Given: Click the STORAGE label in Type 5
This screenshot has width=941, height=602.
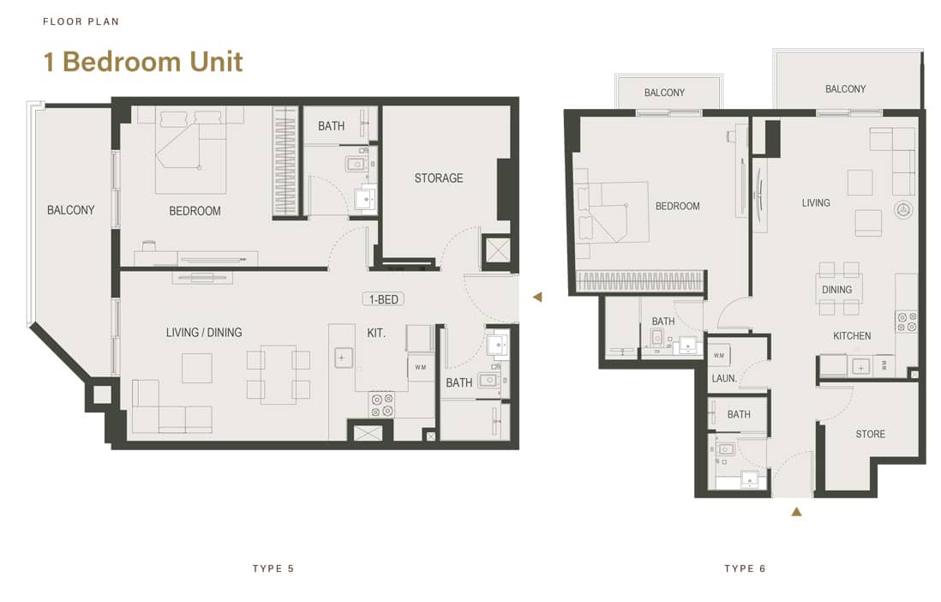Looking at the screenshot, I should pos(438,178).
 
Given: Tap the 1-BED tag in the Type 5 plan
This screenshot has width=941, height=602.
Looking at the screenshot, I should pos(382,299).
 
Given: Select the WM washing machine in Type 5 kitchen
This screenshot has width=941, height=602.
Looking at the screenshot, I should pos(420,367).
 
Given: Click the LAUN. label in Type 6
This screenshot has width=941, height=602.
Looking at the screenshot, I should pos(723,378).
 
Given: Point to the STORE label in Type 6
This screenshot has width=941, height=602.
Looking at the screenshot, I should pos(870,434).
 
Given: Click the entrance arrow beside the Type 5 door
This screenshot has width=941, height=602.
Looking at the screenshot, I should pos(537,298).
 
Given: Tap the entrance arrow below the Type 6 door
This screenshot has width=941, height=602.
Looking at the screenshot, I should pos(796,512).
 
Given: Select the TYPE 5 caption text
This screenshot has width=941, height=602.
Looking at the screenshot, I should pos(273,569).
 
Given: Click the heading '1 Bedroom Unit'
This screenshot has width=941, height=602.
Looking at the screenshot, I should pos(143,62).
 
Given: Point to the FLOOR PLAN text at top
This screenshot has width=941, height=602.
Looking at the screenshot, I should pos(81,21).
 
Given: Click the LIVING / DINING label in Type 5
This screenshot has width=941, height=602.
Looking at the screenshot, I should pos(204,333).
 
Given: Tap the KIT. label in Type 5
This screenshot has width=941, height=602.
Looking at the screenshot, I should pos(376,333).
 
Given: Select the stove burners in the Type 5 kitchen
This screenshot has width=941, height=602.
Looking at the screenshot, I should pos(381,404).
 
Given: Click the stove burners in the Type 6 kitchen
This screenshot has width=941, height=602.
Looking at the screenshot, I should pos(907,322).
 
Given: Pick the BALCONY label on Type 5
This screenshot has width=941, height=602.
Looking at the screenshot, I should pos(71,210).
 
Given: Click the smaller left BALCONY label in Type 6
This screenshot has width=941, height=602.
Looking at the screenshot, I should pos(664,93).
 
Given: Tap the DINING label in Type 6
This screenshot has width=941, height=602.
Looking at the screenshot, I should pos(836,290).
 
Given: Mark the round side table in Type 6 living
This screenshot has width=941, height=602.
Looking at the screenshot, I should pos(903,210).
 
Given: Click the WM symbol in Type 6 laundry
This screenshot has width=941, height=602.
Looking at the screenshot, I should pos(718,355).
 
